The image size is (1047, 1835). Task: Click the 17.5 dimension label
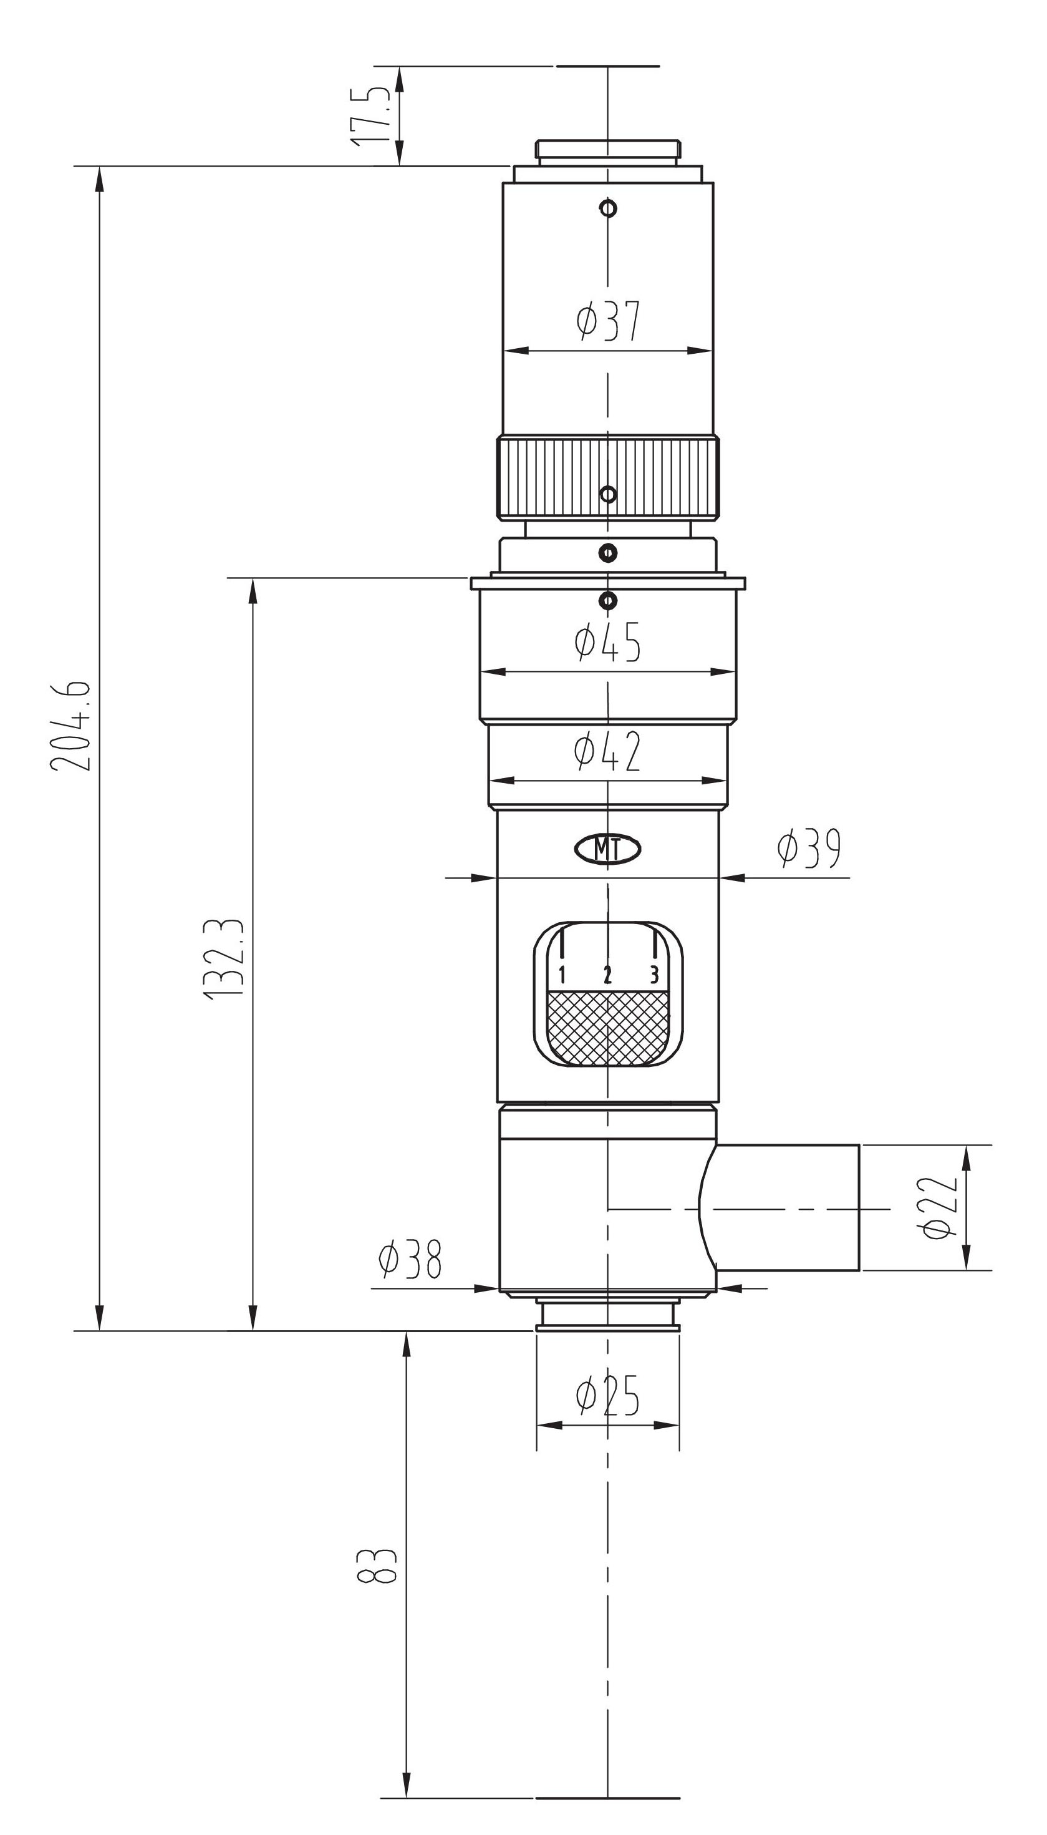[x=370, y=115]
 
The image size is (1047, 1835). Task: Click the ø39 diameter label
[x=809, y=849]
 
